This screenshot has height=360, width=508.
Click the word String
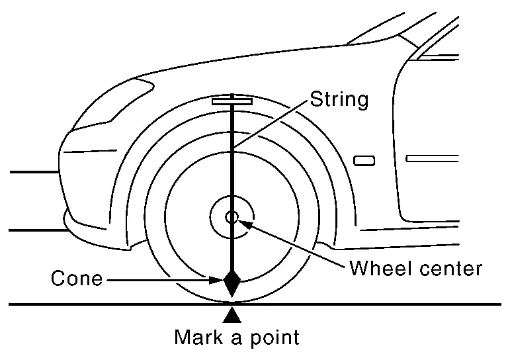click(339, 101)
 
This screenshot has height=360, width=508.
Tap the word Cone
click(77, 279)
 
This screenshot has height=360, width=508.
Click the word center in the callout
click(450, 269)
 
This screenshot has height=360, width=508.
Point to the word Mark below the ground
click(198, 337)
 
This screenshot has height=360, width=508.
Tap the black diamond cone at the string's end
click(232, 283)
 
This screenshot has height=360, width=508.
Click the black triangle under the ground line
click(232, 314)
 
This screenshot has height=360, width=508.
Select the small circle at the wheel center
click(232, 217)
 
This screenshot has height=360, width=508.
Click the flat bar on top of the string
click(232, 102)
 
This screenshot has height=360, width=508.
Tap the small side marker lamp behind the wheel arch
click(364, 161)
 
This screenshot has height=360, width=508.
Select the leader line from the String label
click(271, 124)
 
